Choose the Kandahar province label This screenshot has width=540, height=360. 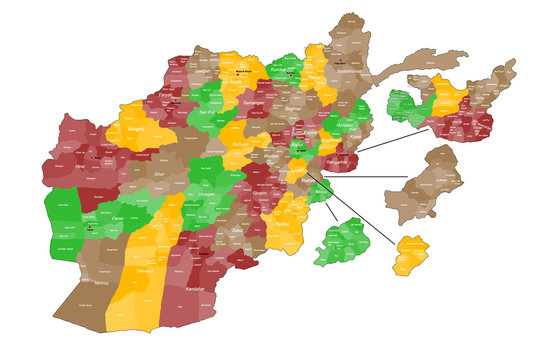[195, 289]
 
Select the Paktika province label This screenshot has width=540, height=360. [285, 224]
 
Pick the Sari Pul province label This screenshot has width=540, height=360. [208, 114]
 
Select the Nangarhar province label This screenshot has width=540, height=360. [338, 161]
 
